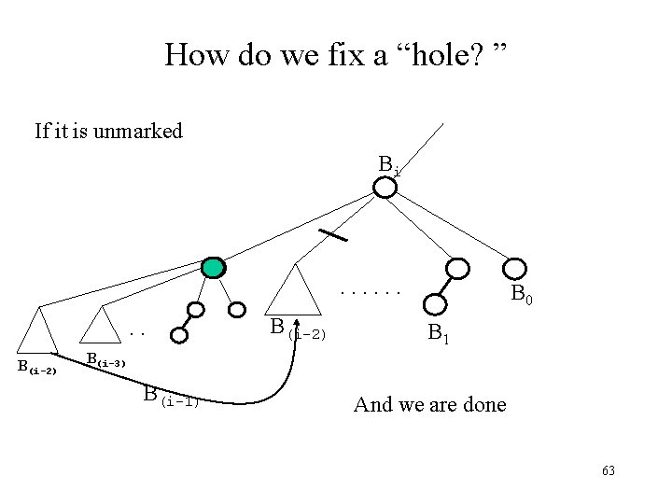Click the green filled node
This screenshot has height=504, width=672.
[215, 268]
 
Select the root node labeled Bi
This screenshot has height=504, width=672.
[385, 189]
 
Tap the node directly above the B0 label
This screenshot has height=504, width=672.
[457, 269]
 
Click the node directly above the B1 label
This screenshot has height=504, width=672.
[433, 303]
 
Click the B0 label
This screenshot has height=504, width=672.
[522, 297]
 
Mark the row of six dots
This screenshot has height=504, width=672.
[371, 293]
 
